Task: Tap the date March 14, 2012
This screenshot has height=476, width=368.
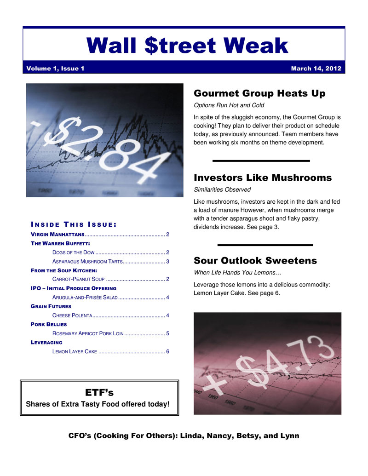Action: click(316, 69)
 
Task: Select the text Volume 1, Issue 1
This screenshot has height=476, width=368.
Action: click(55, 69)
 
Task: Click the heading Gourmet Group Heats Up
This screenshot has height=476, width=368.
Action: click(259, 93)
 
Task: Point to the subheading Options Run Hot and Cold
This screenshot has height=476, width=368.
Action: click(229, 105)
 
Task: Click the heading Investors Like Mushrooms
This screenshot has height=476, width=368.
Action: click(263, 178)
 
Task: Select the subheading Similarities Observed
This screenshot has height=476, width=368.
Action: click(222, 189)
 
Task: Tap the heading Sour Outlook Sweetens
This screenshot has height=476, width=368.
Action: click(255, 261)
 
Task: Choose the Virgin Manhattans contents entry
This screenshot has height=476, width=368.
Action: click(54, 235)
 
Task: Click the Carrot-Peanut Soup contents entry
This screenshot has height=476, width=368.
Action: click(79, 279)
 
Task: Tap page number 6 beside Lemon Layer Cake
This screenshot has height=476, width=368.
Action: click(168, 352)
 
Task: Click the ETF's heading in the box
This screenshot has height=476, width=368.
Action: click(99, 392)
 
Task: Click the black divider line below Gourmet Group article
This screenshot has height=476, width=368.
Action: click(261, 161)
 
